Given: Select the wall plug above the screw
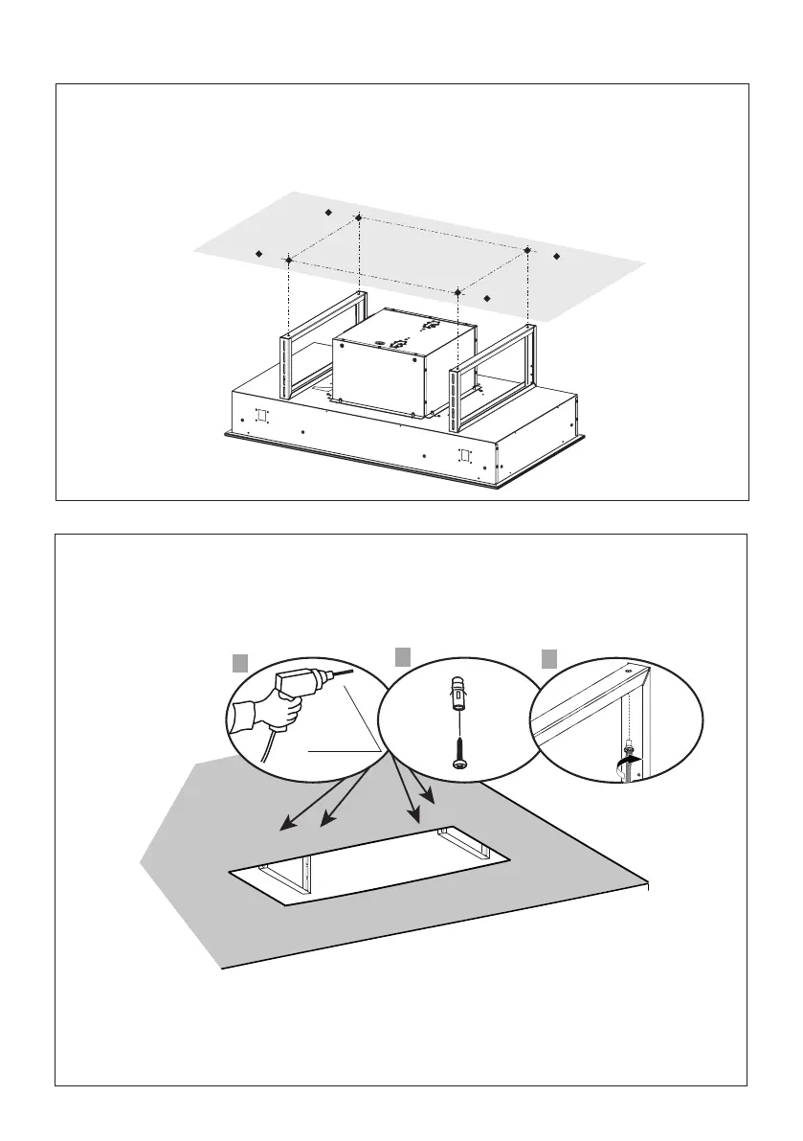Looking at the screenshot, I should point(460,695).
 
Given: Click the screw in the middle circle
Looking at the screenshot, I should point(460,753).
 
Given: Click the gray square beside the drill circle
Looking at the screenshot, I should point(240,662).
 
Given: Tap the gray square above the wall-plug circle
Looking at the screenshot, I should point(403,655).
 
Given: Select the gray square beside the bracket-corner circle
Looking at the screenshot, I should point(549,658).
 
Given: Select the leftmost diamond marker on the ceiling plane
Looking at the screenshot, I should point(258,254).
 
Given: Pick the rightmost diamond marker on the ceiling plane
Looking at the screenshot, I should point(557,257).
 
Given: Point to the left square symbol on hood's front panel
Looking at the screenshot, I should point(261,417).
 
